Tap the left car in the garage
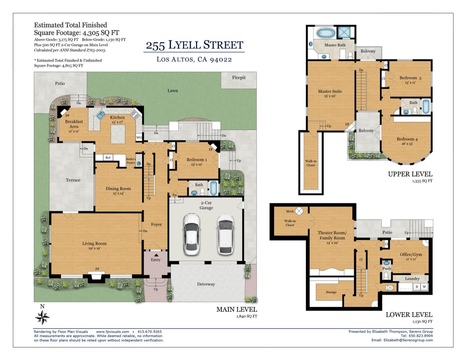click(x=192, y=234)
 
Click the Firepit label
click(x=239, y=78)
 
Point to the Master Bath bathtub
click(x=326, y=33)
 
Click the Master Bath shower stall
click(x=344, y=32)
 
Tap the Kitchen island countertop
click(x=118, y=134)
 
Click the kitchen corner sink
click(x=100, y=115)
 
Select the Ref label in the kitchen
click(x=108, y=158)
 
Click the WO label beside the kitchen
click(x=139, y=137)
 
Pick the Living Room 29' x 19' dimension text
click(x=94, y=248)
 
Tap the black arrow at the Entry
click(x=156, y=255)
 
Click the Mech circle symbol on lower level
click(x=299, y=211)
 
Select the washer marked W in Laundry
click(x=424, y=287)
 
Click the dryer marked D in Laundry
click(x=417, y=287)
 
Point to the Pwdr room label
click(x=387, y=269)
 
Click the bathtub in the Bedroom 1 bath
click(x=214, y=188)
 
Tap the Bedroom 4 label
click(x=407, y=139)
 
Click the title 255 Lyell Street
click(x=195, y=45)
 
